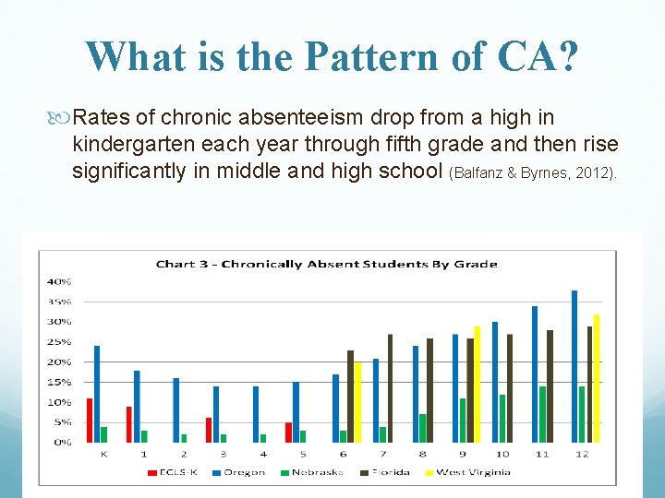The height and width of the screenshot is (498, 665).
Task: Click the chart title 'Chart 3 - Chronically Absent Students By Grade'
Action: coord(326,264)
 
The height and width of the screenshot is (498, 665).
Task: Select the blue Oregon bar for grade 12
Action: coord(574,366)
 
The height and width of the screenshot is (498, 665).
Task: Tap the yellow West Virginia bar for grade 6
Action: coord(357,402)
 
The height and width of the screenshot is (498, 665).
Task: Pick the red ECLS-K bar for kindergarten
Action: coord(90,420)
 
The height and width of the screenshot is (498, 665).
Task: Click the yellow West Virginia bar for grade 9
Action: coord(477,384)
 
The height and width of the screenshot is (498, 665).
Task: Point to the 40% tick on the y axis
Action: coord(60,281)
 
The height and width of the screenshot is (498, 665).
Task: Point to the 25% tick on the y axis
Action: coord(60,342)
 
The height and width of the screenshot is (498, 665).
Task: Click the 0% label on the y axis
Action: coord(63,443)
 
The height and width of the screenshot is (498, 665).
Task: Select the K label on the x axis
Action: coord(103,455)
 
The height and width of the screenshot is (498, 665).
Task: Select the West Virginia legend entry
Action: coord(470,472)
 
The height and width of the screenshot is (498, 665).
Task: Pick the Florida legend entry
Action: coord(389,472)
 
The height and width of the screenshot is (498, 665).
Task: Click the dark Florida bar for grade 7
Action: coord(390,387)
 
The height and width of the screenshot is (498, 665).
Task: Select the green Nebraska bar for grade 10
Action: coord(502,418)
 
